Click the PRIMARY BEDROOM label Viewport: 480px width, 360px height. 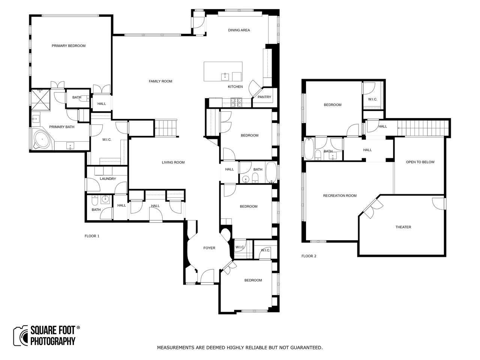click(x=69, y=46)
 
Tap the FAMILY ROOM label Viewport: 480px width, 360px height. click(x=160, y=81)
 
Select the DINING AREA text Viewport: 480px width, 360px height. click(x=239, y=30)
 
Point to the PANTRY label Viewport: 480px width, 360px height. click(x=264, y=97)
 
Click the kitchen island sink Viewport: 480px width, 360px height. click(x=225, y=77)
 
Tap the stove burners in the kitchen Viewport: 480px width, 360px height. click(x=236, y=102)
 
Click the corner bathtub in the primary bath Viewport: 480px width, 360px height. click(x=42, y=139)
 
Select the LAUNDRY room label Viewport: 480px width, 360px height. click(x=108, y=178)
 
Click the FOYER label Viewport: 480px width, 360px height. click(x=209, y=248)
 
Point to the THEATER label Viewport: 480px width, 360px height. click(x=403, y=227)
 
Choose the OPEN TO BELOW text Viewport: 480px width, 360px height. click(x=420, y=162)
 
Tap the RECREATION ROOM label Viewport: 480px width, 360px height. click(x=340, y=196)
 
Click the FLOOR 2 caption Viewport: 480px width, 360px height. click(x=309, y=256)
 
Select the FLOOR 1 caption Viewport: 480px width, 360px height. click(x=92, y=236)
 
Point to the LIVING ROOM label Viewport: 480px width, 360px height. click(x=173, y=162)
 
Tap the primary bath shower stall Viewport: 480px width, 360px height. click(x=40, y=100)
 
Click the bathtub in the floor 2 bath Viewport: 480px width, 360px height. click(x=309, y=148)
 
